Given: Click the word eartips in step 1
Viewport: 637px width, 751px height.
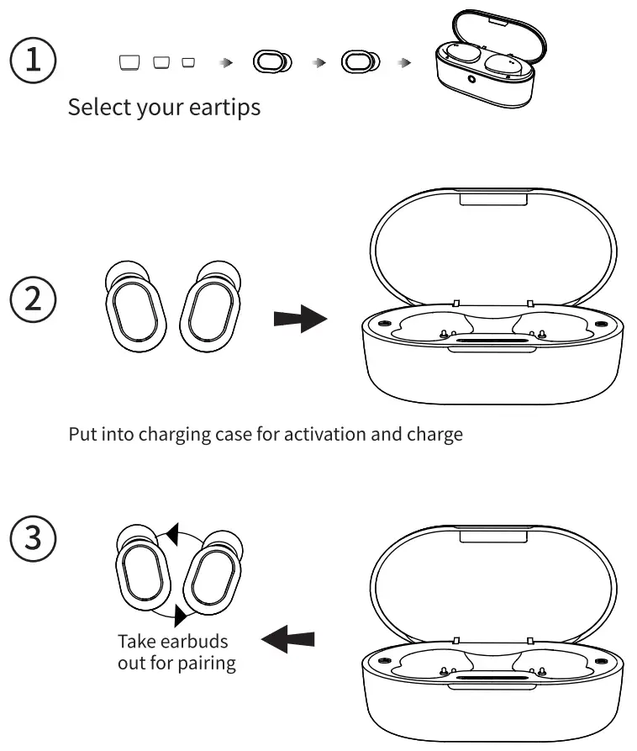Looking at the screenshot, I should pos(222,108).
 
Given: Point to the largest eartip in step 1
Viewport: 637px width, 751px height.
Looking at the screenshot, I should pos(129,62).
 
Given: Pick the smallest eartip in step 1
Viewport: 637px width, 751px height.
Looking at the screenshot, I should pos(188,62).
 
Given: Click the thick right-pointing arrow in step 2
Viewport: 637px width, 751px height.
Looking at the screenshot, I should pos(300,319).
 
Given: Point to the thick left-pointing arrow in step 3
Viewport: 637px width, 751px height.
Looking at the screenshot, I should pos(288,641).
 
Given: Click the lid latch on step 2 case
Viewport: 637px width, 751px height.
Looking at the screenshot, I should pos(494,198).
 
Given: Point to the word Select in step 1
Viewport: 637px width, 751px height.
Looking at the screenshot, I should pos(93,108).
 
